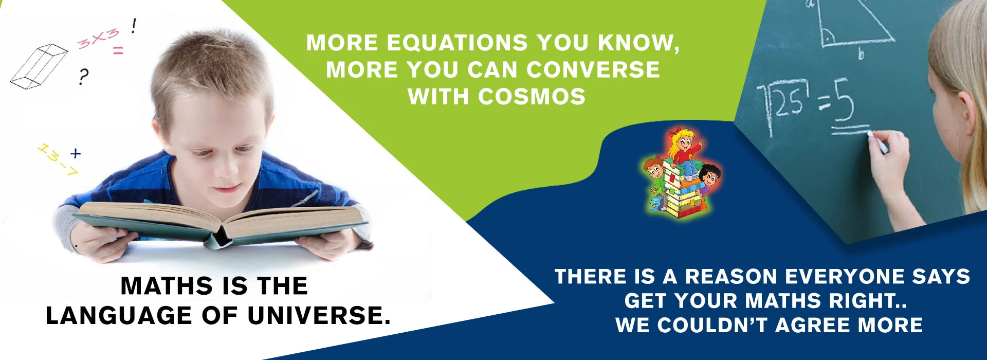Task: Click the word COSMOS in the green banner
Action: (532, 97)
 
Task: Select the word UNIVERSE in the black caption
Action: (319, 316)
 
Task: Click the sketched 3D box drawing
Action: (39, 66)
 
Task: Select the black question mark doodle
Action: (83, 77)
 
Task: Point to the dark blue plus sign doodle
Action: (76, 153)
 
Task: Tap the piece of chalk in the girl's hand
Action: (877, 141)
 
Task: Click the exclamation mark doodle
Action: (134, 26)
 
